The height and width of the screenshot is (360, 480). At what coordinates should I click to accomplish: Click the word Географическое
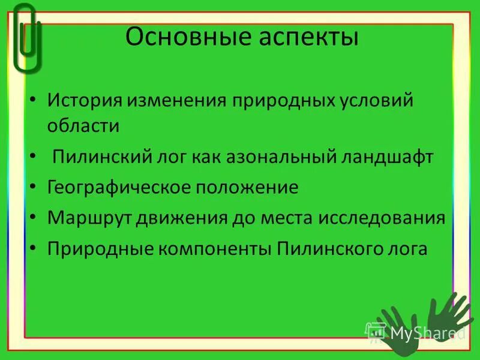[119, 188]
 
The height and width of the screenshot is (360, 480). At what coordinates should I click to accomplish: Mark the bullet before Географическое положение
[35, 188]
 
